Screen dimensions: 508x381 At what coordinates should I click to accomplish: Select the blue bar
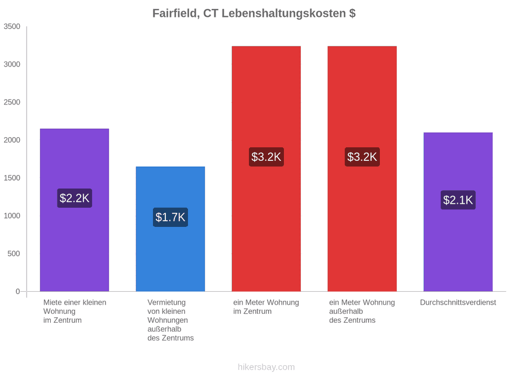pyautogui.click(x=170, y=229)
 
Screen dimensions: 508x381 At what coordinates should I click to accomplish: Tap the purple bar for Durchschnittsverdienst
pyautogui.click(x=458, y=212)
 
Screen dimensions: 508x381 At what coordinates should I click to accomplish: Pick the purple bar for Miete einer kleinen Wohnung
pyautogui.click(x=75, y=210)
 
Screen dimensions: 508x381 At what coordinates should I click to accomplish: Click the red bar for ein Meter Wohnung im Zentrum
pyautogui.click(x=266, y=169)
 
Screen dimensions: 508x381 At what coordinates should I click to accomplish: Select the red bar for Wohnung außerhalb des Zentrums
pyautogui.click(x=362, y=169)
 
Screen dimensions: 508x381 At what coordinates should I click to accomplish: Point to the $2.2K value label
pyautogui.click(x=75, y=198)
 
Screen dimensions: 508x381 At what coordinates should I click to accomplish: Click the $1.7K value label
pyautogui.click(x=170, y=217)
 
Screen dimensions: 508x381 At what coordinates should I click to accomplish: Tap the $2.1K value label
pyautogui.click(x=458, y=200)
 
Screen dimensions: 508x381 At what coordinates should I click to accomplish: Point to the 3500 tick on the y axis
pyautogui.click(x=12, y=27)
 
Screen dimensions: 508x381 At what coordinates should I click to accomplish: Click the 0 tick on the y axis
pyautogui.click(x=18, y=292)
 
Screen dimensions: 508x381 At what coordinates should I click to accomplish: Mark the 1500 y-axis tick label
pyautogui.click(x=12, y=178)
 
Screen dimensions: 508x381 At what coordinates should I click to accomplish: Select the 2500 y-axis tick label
pyautogui.click(x=12, y=102)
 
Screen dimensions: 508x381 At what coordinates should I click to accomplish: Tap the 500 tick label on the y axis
pyautogui.click(x=14, y=253)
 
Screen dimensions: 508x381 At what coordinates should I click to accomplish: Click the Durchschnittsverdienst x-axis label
pyautogui.click(x=458, y=303)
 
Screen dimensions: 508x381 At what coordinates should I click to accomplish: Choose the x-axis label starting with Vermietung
pyautogui.click(x=170, y=320)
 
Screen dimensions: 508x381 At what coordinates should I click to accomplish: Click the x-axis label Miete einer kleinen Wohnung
pyautogui.click(x=75, y=312)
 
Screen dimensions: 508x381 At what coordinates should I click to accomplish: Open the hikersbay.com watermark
pyautogui.click(x=266, y=367)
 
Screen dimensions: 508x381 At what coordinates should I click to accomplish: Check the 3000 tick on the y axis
pyautogui.click(x=12, y=64)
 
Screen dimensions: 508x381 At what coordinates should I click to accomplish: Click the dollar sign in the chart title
pyautogui.click(x=352, y=14)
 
